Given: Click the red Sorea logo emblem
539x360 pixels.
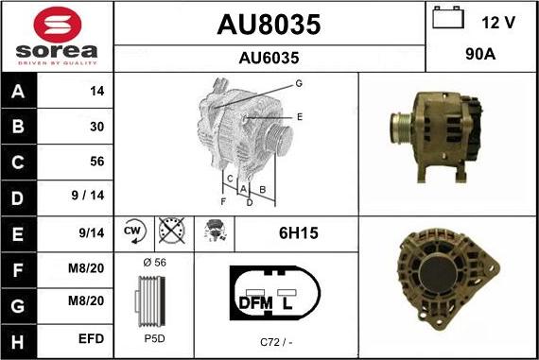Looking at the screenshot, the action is coord(58,25).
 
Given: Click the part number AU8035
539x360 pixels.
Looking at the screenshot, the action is coord(269,25).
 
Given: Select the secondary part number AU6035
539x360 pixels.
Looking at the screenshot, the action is coord(269,58).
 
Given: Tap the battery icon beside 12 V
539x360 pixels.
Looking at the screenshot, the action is coord(448,17).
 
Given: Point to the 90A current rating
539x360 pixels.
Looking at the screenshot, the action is coord(480,54).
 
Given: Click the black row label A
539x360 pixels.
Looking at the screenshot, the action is coord(18,91).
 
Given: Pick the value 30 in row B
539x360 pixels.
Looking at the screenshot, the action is coord(97,127).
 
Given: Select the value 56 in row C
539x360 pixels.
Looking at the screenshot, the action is coord(97,162).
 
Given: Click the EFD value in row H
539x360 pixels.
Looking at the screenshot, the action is coord(91,339).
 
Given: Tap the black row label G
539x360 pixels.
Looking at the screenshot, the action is coord(18,306).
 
